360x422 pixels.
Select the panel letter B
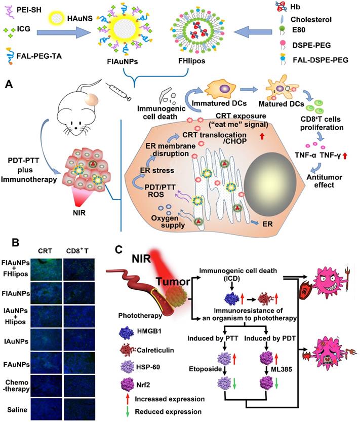(x=16, y=242)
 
